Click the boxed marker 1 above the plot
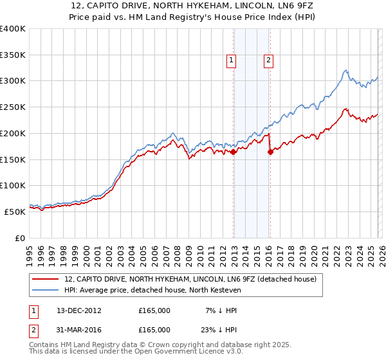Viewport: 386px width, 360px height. click(x=231, y=61)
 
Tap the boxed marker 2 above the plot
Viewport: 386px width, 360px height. click(x=268, y=61)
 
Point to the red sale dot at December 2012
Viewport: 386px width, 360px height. click(x=233, y=152)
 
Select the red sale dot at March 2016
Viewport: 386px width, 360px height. click(x=270, y=152)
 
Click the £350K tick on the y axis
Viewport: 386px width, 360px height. click(x=13, y=55)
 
